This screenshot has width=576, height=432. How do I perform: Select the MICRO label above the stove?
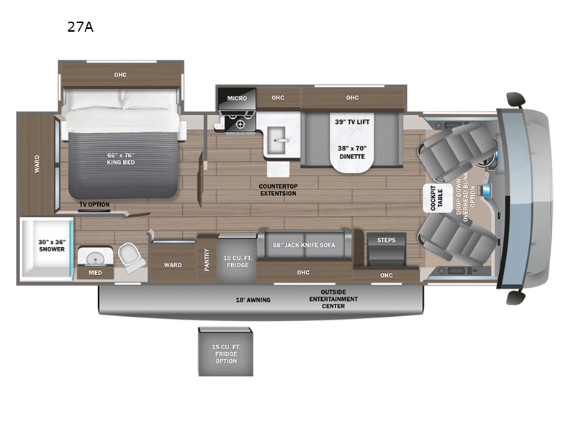(x=238, y=98)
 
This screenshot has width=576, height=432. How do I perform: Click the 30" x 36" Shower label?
(x=52, y=245)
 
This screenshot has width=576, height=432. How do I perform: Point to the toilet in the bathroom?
(x=130, y=257)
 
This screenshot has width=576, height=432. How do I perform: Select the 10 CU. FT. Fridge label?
(x=237, y=261)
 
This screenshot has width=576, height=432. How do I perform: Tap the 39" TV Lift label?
(x=353, y=122)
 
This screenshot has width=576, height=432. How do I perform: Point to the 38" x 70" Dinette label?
(x=353, y=152)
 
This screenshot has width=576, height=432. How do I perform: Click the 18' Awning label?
(x=253, y=300)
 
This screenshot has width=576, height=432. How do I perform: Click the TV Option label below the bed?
(x=94, y=204)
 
